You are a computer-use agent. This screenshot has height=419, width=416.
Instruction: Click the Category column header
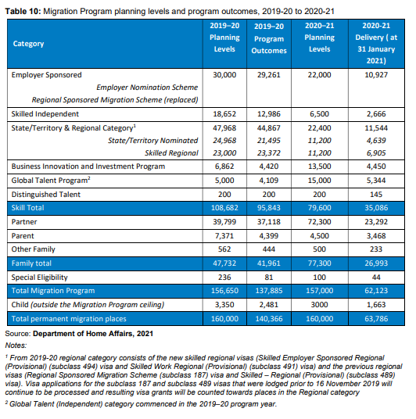click(x=28, y=44)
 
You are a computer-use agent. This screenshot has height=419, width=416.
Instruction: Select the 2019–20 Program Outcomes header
click(x=269, y=38)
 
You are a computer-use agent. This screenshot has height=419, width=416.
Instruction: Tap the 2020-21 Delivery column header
click(x=376, y=43)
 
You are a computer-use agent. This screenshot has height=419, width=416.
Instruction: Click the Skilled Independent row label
click(x=45, y=114)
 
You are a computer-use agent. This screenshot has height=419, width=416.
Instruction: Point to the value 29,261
click(x=269, y=75)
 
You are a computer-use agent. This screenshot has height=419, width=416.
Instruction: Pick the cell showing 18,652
click(x=224, y=114)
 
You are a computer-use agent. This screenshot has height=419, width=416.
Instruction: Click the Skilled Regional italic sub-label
click(x=171, y=153)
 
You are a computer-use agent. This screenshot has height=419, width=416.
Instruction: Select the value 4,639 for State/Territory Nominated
click(x=376, y=140)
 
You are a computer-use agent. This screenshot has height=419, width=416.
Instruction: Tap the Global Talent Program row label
click(x=51, y=181)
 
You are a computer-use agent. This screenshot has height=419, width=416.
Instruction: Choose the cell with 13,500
click(x=320, y=167)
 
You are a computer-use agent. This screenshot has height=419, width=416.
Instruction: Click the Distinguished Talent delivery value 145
click(x=376, y=195)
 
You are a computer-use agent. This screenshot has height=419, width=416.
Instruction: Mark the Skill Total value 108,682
click(x=224, y=208)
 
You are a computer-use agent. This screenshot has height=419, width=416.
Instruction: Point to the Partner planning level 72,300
click(x=320, y=222)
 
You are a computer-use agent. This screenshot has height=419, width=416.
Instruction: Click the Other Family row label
click(x=33, y=249)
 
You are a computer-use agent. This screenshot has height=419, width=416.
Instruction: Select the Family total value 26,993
click(x=376, y=263)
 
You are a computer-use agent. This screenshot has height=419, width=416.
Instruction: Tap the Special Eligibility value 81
click(x=269, y=278)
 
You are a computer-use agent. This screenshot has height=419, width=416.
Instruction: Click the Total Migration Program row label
click(x=53, y=291)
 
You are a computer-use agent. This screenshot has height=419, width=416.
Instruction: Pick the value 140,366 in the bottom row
click(x=269, y=319)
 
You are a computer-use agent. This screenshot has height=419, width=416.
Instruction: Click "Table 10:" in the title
click(x=23, y=11)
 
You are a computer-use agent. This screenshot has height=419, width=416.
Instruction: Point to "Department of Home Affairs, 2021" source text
click(x=93, y=334)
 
